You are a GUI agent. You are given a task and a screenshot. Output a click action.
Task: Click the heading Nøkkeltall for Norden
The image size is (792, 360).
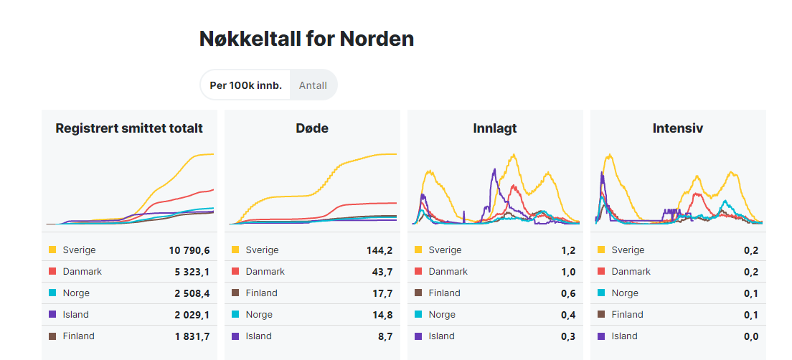(x=306, y=39)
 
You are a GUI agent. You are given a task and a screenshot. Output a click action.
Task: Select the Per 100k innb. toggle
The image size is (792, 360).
(x=245, y=85)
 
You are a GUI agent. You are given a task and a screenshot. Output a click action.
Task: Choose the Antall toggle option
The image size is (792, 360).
(x=313, y=85)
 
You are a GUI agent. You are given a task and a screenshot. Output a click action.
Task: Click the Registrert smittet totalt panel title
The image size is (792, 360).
(x=129, y=128)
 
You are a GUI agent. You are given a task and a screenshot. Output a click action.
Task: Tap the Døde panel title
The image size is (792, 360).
(x=312, y=128)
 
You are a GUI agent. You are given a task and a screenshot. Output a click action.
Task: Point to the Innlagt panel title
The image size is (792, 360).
(x=495, y=128)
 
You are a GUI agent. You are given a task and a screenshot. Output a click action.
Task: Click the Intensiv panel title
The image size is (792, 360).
(x=678, y=128)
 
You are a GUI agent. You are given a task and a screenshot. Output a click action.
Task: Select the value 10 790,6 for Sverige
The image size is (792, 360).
(x=189, y=250)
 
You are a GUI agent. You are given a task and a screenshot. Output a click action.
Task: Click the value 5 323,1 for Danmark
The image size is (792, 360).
(x=192, y=272)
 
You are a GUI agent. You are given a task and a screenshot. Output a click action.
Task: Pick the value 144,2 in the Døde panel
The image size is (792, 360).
(x=379, y=250)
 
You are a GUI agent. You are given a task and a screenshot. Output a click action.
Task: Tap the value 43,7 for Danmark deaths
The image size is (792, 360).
(x=382, y=272)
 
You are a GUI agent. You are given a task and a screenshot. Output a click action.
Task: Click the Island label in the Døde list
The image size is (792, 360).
(x=258, y=336)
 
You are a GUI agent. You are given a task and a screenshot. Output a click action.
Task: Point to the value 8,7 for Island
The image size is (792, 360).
(x=385, y=336)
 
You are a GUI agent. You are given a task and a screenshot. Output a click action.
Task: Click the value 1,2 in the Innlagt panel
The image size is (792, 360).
(x=568, y=250)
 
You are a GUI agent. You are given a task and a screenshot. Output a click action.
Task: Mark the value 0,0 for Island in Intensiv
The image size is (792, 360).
(x=751, y=336)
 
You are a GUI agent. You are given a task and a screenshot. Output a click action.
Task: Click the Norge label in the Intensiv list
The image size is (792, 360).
(x=625, y=293)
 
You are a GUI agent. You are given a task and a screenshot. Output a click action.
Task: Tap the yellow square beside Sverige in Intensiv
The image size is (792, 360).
(x=601, y=250)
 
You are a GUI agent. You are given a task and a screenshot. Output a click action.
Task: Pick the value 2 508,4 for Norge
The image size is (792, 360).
(x=191, y=293)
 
